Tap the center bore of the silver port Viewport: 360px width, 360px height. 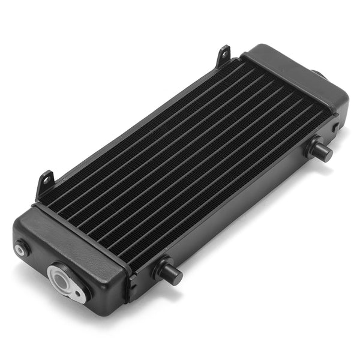(61, 278)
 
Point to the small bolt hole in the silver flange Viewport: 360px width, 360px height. (78, 294)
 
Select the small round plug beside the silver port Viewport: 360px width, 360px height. (23, 247)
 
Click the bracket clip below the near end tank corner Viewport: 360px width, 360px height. (130, 294)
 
